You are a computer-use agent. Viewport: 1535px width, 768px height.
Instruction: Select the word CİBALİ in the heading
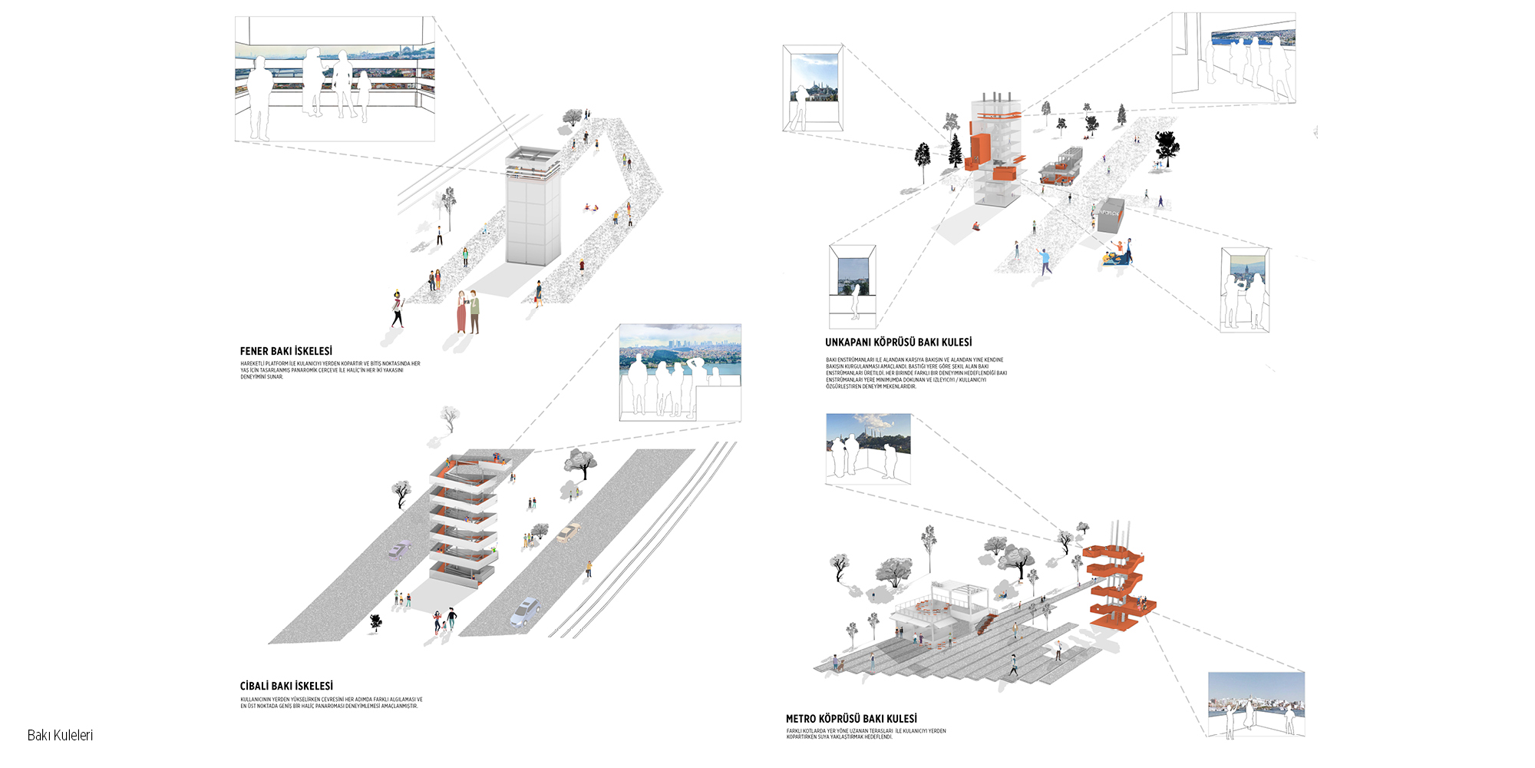[x=255, y=686]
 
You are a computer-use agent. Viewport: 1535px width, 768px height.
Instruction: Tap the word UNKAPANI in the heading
[x=847, y=343]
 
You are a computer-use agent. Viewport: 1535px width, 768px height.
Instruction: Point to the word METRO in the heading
[x=801, y=719]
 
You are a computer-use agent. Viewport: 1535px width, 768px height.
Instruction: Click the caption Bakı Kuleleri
[x=60, y=735]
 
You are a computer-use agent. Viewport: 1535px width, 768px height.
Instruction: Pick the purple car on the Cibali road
[x=398, y=550]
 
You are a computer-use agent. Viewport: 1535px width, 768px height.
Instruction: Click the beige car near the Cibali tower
[x=569, y=532]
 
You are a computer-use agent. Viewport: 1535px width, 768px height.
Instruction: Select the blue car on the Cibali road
[x=525, y=611]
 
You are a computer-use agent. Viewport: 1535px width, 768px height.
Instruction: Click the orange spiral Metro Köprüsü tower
[x=1117, y=588]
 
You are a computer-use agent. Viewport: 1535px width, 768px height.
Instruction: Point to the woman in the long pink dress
[x=461, y=312]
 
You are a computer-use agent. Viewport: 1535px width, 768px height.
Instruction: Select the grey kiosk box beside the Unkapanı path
[x=1109, y=216]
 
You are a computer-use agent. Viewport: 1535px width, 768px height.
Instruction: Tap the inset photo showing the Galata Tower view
[x=1244, y=290]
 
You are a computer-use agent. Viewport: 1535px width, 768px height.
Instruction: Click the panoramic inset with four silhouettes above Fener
[x=335, y=79]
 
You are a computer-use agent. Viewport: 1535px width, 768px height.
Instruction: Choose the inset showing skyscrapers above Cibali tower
[x=680, y=372]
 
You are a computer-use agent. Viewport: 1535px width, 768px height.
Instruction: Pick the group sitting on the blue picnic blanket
[x=1116, y=254]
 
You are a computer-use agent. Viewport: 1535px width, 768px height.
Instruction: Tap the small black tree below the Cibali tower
[x=375, y=621]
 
